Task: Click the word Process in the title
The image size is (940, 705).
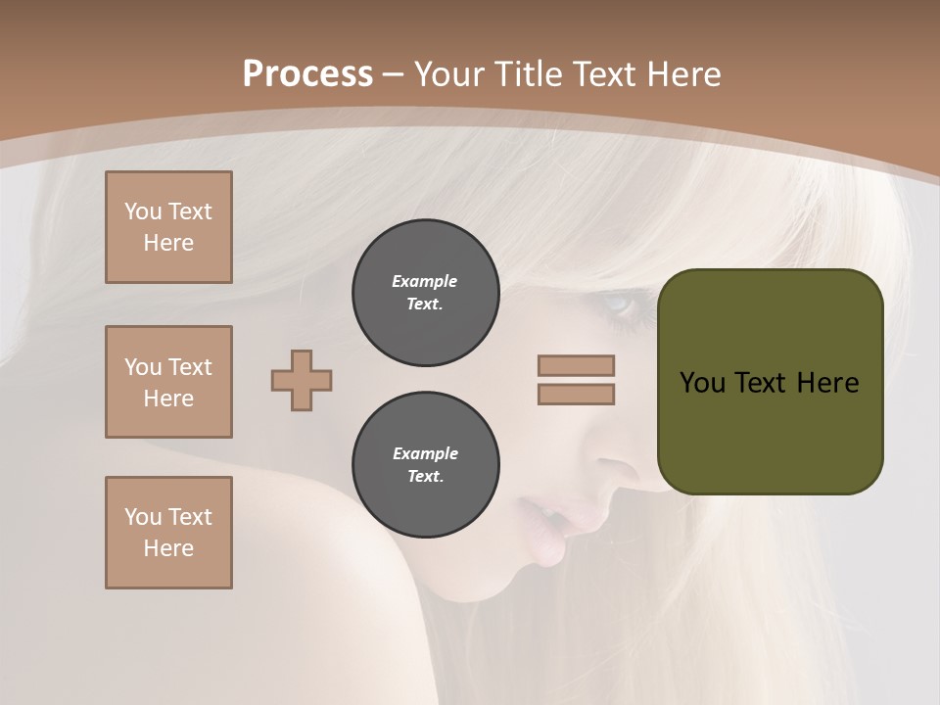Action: click(x=307, y=74)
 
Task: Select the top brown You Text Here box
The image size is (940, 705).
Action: click(x=168, y=227)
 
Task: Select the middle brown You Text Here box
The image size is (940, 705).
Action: click(x=168, y=382)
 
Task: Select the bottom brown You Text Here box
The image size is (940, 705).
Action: click(x=168, y=533)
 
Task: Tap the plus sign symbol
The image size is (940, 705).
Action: click(x=302, y=380)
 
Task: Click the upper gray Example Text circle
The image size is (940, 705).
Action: click(x=425, y=293)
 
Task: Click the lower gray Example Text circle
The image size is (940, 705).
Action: click(x=425, y=465)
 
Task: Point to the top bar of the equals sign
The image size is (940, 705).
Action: click(x=576, y=365)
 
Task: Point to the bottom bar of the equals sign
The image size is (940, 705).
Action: click(x=576, y=394)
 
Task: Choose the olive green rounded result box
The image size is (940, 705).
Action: click(x=770, y=382)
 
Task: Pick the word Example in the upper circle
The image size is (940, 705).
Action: click(x=425, y=281)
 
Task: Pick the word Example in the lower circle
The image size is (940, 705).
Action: click(x=425, y=453)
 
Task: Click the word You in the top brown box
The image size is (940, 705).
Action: click(x=142, y=211)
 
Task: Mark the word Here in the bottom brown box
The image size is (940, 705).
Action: click(x=168, y=548)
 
